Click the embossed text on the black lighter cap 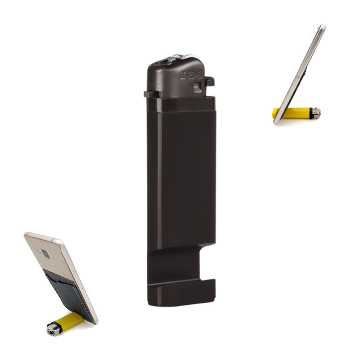[x=189, y=74]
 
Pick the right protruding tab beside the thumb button [x=209, y=81]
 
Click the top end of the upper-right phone [x=322, y=27]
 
